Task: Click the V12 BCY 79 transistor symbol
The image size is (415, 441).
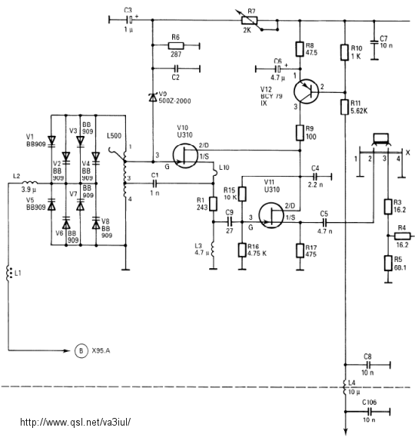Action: [306, 91]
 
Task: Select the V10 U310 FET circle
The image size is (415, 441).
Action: [185, 155]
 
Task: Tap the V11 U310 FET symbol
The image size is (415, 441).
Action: [271, 215]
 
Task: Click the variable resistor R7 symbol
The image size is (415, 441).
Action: [250, 21]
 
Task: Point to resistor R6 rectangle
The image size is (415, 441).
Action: [176, 45]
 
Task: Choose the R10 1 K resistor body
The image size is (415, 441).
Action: [344, 52]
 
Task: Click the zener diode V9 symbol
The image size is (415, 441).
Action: [153, 98]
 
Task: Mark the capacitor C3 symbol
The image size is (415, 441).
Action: [130, 20]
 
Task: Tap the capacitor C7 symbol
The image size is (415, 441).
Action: [374, 43]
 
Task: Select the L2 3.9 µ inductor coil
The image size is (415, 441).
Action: [29, 182]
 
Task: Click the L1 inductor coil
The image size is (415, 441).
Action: [8, 273]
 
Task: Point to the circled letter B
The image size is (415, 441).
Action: [81, 350]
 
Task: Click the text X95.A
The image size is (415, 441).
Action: [101, 350]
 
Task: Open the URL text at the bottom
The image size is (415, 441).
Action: [75, 422]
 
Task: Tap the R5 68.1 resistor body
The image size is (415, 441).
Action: [388, 264]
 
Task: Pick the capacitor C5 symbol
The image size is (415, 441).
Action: [324, 223]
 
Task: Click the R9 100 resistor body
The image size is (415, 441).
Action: [300, 133]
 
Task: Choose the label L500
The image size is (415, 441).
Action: [114, 136]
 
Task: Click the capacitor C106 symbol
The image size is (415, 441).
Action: [370, 412]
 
